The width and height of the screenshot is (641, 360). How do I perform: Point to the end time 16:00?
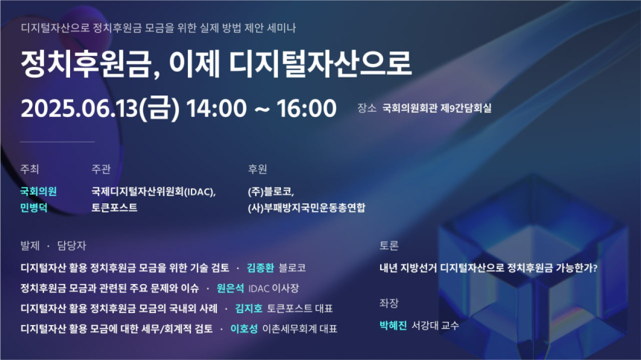coord(306,108)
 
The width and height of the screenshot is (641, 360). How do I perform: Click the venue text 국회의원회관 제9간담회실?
coord(437,108)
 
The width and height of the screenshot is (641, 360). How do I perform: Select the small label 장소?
coord(367,108)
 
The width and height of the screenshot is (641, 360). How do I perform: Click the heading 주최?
coord(30,168)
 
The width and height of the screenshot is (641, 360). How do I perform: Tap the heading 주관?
coord(101,168)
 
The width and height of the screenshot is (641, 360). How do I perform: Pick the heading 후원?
coord(258,168)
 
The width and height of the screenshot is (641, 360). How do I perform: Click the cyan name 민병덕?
coord(34,208)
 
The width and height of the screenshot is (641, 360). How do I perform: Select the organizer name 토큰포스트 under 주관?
coord(114,208)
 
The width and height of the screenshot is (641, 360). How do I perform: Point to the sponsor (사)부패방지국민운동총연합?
coord(306,208)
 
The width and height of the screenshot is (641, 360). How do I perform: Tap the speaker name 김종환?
coord(260,268)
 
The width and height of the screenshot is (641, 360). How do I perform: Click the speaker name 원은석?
coord(230,288)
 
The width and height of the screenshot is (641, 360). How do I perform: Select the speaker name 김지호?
coord(249,308)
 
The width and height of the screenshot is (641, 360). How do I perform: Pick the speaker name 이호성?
coord(244,328)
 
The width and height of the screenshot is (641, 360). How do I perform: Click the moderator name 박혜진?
coord(393,326)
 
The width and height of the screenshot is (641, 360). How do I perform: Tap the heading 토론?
coord(389,245)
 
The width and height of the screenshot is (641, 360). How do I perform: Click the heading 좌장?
coord(389,303)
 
